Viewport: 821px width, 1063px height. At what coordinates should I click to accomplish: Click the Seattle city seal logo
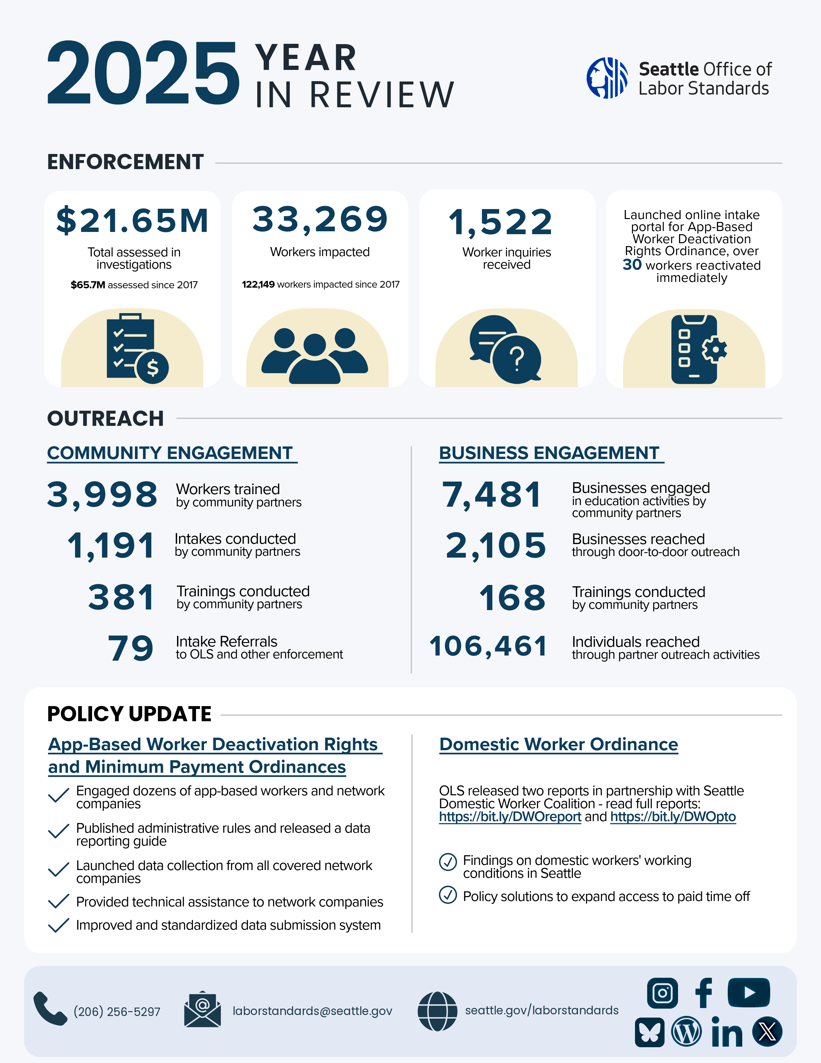pyautogui.click(x=607, y=78)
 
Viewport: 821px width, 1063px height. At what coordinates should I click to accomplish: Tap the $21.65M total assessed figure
pyautogui.click(x=132, y=220)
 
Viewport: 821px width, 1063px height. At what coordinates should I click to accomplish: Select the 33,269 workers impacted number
pyautogui.click(x=320, y=219)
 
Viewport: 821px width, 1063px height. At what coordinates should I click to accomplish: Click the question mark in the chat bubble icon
pyautogui.click(x=517, y=359)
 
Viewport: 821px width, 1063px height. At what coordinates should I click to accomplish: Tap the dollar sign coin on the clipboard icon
pyautogui.click(x=153, y=368)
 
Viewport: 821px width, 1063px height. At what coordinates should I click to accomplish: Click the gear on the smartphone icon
pyautogui.click(x=714, y=349)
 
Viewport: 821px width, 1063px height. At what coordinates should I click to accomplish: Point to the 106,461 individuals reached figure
pyautogui.click(x=488, y=646)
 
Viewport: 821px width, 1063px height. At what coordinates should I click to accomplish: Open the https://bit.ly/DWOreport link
pyautogui.click(x=510, y=816)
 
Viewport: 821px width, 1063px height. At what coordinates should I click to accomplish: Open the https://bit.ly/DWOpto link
pyautogui.click(x=673, y=816)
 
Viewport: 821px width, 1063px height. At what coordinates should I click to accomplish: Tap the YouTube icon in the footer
pyautogui.click(x=749, y=992)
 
